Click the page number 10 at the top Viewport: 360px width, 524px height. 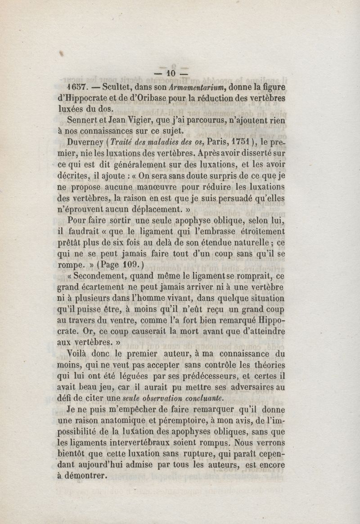[171, 73]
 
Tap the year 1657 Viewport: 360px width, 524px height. [76, 87]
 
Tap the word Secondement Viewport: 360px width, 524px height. [98, 276]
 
